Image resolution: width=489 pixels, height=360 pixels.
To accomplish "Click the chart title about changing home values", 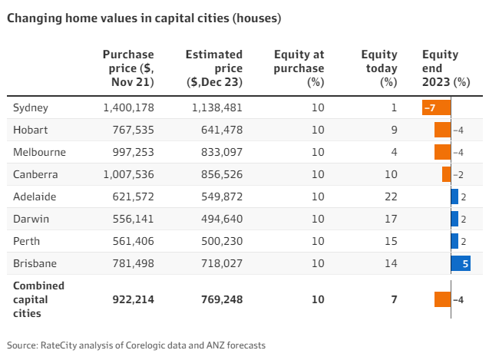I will pyautogui.click(x=144, y=17).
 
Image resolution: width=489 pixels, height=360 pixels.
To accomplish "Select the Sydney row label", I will pyautogui.click(x=31, y=108).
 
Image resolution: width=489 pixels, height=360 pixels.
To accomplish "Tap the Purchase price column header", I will pyautogui.click(x=128, y=68).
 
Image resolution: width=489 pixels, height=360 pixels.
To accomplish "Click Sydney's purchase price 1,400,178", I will pyautogui.click(x=128, y=108).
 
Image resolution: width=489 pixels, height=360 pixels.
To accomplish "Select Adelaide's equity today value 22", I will pyautogui.click(x=391, y=197).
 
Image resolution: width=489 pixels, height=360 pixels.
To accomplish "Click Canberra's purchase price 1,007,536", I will pyautogui.click(x=128, y=175).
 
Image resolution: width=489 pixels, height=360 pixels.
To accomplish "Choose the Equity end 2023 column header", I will pyautogui.click(x=445, y=68).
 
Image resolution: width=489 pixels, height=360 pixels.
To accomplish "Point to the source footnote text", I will pyautogui.click(x=137, y=345).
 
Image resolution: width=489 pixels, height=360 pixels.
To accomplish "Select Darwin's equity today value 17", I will pyautogui.click(x=391, y=220).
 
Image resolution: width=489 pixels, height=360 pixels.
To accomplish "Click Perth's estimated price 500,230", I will pyautogui.click(x=216, y=242).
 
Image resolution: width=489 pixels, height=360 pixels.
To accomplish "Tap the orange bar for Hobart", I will pyautogui.click(x=442, y=130).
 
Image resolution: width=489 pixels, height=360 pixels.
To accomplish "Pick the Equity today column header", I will pyautogui.click(x=379, y=68).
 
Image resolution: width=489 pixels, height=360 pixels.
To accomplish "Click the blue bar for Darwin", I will pyautogui.click(x=454, y=220).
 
